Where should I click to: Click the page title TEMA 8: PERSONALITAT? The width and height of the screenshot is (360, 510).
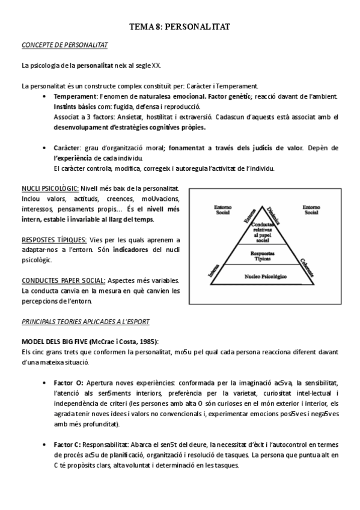tap(179, 27)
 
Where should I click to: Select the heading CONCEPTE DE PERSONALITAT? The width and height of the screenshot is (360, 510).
tap(64, 45)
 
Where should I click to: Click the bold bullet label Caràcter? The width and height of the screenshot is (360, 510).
tap(67, 148)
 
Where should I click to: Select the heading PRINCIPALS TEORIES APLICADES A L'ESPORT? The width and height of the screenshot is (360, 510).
tap(85, 322)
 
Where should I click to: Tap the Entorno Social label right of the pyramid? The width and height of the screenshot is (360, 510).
tap(311, 209)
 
